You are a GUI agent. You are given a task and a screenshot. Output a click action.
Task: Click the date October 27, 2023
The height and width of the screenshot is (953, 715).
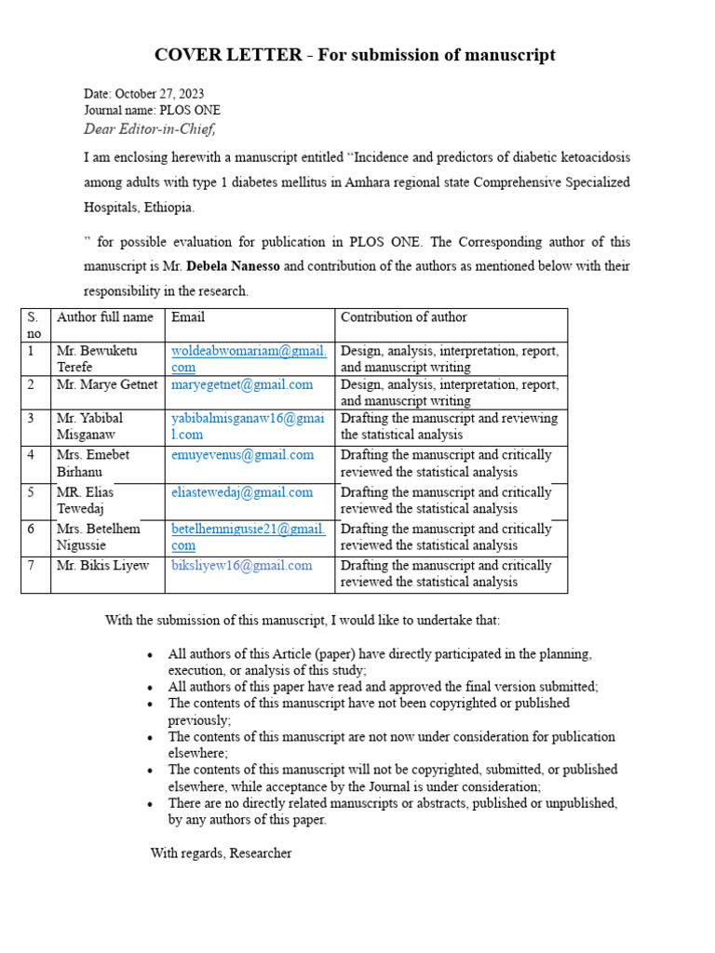click(x=159, y=94)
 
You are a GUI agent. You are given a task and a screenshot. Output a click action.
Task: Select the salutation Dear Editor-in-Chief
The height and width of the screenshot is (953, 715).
click(x=156, y=128)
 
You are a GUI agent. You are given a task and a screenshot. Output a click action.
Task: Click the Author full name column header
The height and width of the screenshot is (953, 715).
click(x=105, y=317)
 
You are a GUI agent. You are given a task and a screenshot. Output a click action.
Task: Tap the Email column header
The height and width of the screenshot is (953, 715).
click(x=188, y=317)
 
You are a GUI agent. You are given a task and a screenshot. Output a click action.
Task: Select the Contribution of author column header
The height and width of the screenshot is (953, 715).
click(x=403, y=317)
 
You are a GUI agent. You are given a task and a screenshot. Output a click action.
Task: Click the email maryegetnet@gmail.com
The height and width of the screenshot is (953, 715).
click(x=242, y=384)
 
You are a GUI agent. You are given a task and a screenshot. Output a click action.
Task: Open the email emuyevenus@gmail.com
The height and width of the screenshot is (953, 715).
click(x=242, y=455)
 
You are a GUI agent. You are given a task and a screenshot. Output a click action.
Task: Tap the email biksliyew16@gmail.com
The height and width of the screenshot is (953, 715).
click(x=241, y=566)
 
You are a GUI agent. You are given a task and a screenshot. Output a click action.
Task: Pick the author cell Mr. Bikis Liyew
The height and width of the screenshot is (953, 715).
click(x=102, y=566)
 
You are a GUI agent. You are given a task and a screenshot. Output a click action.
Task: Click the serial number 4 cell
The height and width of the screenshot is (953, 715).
click(x=32, y=455)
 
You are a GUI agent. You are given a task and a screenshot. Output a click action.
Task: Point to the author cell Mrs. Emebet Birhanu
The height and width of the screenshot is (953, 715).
click(x=93, y=463)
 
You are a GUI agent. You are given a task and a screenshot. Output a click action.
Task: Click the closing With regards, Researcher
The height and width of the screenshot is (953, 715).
click(x=221, y=852)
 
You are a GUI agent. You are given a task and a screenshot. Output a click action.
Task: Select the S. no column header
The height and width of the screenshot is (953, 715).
click(x=34, y=325)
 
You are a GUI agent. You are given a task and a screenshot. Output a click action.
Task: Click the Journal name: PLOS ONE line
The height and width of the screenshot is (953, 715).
click(x=152, y=110)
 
